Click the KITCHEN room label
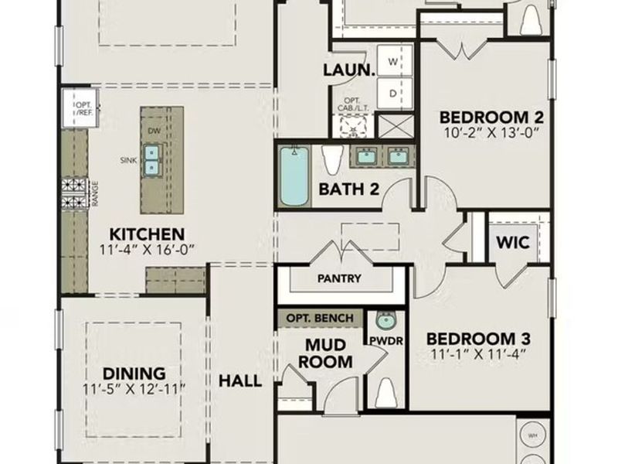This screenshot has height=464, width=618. point(147,234)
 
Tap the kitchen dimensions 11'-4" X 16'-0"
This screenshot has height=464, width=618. point(147,249)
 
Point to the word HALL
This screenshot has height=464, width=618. point(240,381)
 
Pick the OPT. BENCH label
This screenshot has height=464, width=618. point(320,318)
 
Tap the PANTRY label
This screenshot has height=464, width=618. point(338,278)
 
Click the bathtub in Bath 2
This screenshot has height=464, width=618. point(294,176)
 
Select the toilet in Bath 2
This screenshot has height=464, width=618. point(333,159)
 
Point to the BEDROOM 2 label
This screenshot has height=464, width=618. point(491,118)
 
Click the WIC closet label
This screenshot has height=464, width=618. point(512,242)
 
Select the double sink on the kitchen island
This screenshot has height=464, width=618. point(152,159)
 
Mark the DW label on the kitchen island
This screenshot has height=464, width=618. point(154,131)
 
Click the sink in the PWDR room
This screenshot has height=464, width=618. point(384,320)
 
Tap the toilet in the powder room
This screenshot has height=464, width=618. point(385,394)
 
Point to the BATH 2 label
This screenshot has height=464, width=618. point(348,189)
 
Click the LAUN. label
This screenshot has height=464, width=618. point(348,70)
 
